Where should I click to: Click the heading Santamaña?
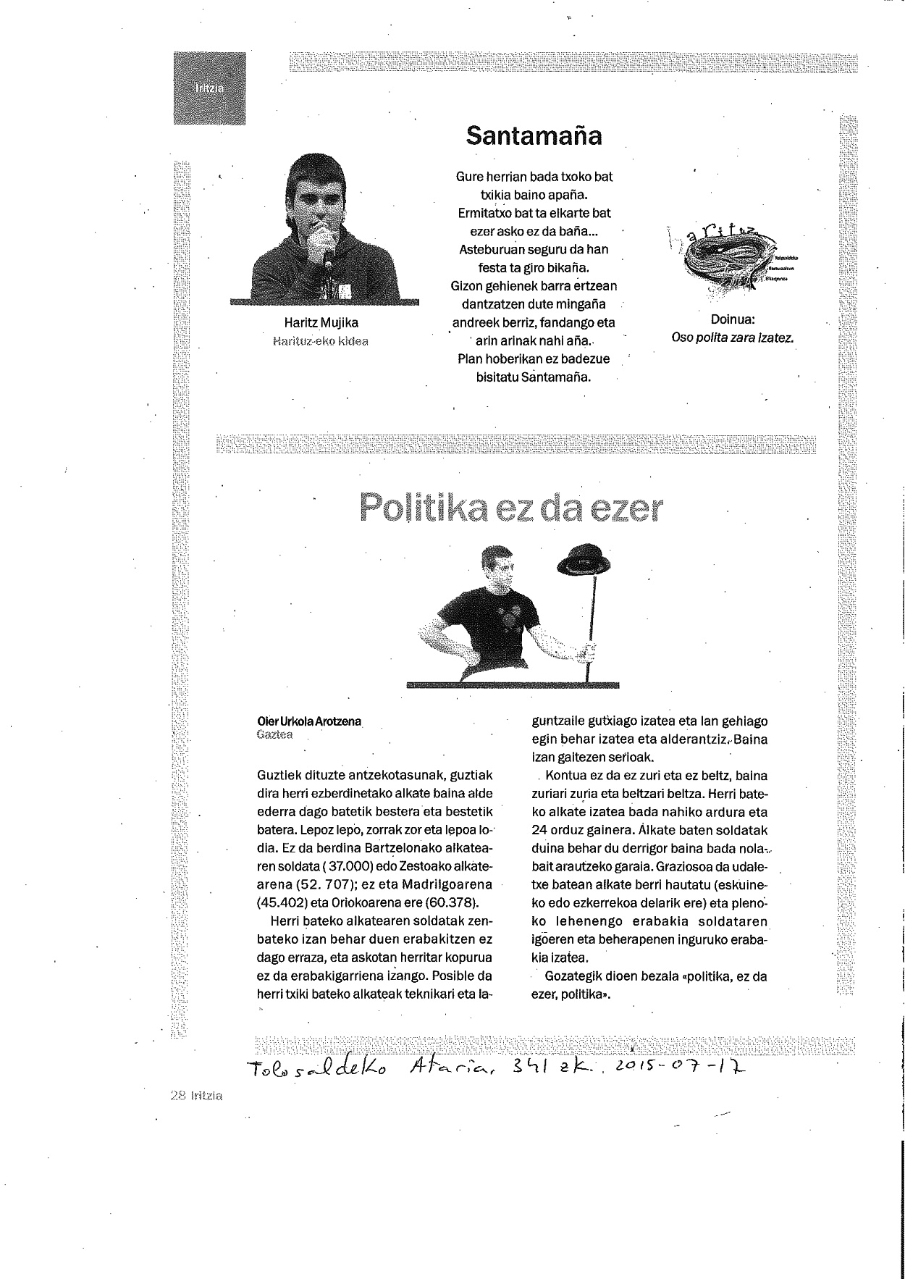pos(534,135)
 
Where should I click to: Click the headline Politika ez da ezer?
pos(510,508)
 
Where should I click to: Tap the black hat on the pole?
pos(584,559)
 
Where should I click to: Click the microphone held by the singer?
pos(328,247)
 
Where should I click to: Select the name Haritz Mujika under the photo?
pos(321,323)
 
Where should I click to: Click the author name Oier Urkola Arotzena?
pos(309,721)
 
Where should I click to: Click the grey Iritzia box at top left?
pos(209,88)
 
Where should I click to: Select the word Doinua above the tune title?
pos(733,319)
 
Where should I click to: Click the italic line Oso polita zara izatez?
pos(733,337)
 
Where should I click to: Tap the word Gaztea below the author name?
pos(274,735)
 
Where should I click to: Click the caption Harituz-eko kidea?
pos(321,341)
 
